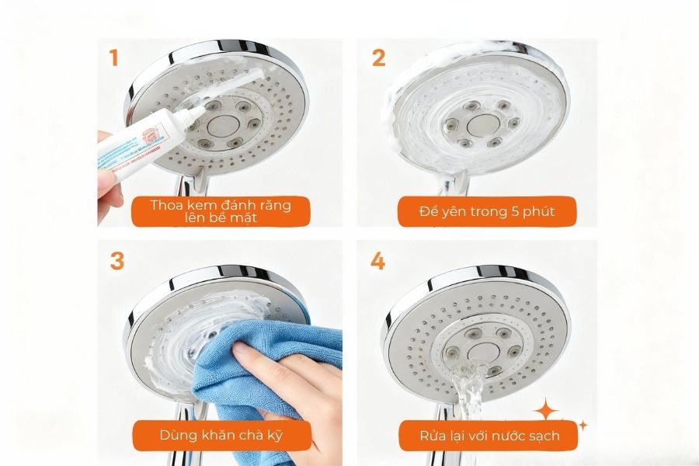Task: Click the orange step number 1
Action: [113, 57]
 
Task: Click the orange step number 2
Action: [378, 57]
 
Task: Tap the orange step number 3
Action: [116, 260]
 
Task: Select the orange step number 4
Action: [378, 260]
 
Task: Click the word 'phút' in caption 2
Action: [536, 211]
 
